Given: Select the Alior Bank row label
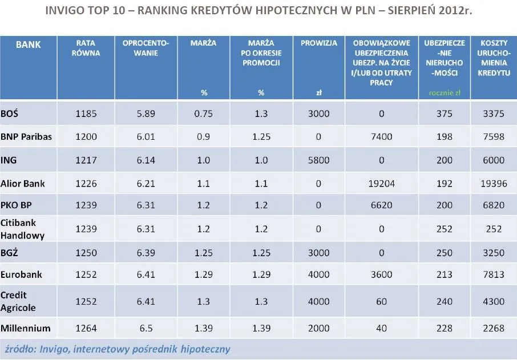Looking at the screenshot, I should click(x=23, y=184).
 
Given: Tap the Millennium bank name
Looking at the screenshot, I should click(x=26, y=328).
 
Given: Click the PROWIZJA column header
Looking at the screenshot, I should click(x=318, y=43).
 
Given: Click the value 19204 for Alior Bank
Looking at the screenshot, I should click(x=377, y=184).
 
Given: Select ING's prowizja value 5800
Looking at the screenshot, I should click(x=318, y=160).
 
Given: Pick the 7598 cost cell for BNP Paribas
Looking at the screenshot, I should click(x=494, y=137).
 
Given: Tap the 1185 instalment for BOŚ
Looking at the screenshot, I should click(x=86, y=114).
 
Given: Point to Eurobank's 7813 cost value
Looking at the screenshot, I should click(x=494, y=275).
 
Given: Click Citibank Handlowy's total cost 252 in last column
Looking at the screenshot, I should click(x=494, y=229).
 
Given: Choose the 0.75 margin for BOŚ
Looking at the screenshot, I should click(x=203, y=114).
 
